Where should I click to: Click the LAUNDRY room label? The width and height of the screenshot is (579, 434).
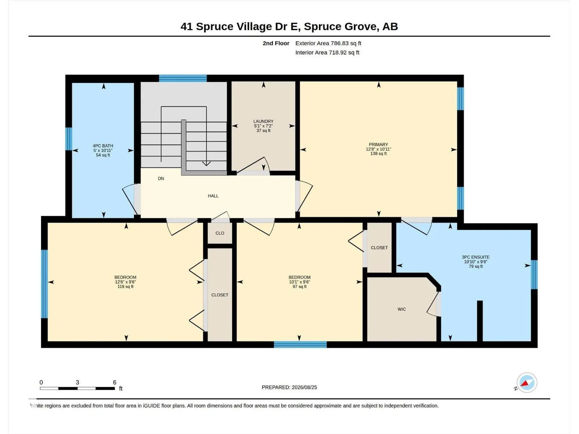pyautogui.click(x=263, y=122)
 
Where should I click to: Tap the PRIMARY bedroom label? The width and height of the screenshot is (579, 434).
pyautogui.click(x=378, y=145)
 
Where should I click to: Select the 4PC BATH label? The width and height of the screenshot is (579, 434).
pyautogui.click(x=103, y=146)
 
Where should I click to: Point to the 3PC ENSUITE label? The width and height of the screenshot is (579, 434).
pyautogui.click(x=476, y=257)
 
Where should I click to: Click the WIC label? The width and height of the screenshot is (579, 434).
pyautogui.click(x=402, y=309)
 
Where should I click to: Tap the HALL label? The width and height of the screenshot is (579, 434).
pyautogui.click(x=213, y=196)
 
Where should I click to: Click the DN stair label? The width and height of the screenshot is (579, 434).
pyautogui.click(x=161, y=179)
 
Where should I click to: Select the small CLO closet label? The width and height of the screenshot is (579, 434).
pyautogui.click(x=220, y=233)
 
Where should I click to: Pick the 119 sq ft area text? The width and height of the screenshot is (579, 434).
pyautogui.click(x=125, y=287)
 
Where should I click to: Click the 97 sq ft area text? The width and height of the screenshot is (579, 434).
pyautogui.click(x=299, y=287)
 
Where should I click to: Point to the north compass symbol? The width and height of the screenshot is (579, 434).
pyautogui.click(x=527, y=383)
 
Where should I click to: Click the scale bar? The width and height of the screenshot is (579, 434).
pyautogui.click(x=77, y=388)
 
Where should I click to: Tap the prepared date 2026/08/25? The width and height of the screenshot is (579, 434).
pyautogui.click(x=304, y=387)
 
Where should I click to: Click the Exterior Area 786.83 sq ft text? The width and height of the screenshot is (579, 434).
pyautogui.click(x=328, y=43)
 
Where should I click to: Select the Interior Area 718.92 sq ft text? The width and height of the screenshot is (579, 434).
pyautogui.click(x=327, y=52)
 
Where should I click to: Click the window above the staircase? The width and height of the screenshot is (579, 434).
pyautogui.click(x=183, y=78)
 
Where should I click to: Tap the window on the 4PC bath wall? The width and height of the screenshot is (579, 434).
pyautogui.click(x=69, y=139)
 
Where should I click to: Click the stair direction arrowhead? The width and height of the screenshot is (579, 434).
pyautogui.click(x=206, y=163)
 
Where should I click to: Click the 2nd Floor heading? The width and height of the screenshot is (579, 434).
pyautogui.click(x=276, y=43)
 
